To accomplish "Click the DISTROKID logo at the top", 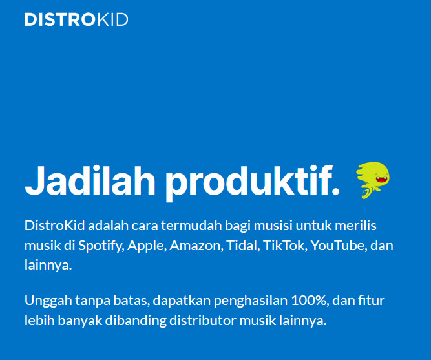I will pos(76,19).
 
